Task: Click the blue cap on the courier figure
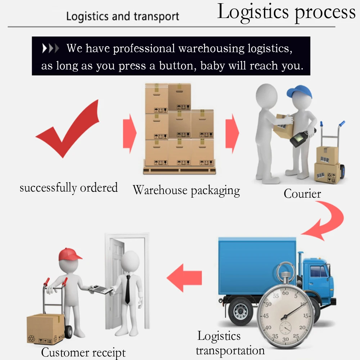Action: [x=298, y=92]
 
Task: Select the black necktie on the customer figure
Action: [x=127, y=289]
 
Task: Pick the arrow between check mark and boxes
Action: [x=130, y=133]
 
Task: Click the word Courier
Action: [x=302, y=194]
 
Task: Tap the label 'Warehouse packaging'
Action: [x=186, y=190]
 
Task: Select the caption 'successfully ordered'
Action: [x=68, y=188]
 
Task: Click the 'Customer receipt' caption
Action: [x=84, y=352]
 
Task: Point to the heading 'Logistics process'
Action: [x=286, y=12]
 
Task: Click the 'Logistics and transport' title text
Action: [x=122, y=17]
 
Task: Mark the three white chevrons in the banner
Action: [x=50, y=49]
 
